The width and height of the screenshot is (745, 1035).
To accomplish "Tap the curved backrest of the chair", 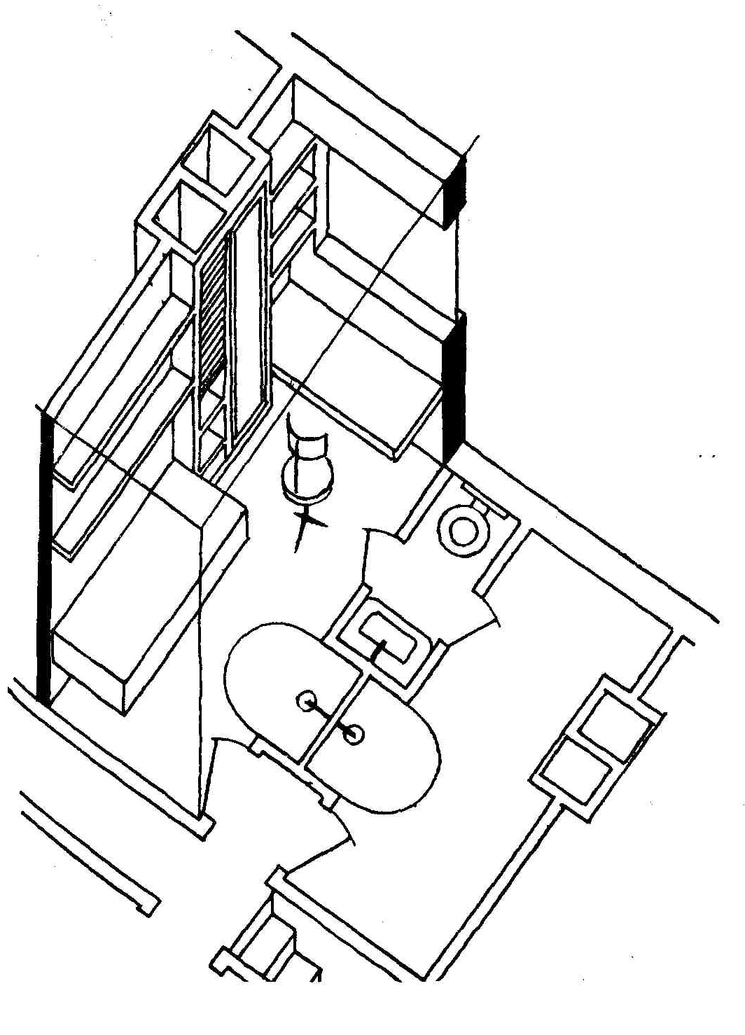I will click(x=308, y=443).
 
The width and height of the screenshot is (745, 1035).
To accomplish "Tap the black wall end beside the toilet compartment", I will click(x=452, y=385).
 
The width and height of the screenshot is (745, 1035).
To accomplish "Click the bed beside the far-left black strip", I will click(x=147, y=595).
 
